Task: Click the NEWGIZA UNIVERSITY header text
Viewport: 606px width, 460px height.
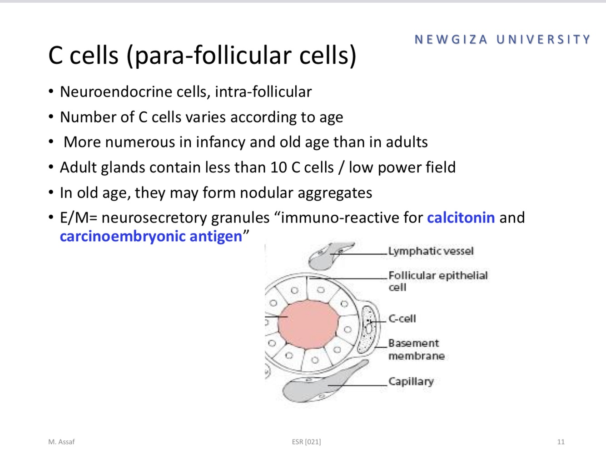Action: tap(502, 40)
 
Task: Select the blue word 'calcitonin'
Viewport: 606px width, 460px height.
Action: tap(461, 217)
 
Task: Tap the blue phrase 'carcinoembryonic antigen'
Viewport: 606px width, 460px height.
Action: tap(151, 236)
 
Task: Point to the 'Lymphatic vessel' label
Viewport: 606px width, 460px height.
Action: tap(431, 251)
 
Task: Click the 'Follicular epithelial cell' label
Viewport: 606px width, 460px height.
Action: tap(437, 281)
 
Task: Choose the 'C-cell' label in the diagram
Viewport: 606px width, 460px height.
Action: tap(402, 318)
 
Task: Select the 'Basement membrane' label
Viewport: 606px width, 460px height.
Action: tap(416, 349)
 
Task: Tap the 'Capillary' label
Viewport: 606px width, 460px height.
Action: tap(411, 381)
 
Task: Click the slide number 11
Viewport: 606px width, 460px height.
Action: tap(561, 442)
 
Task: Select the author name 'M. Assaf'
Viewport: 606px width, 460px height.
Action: tap(61, 442)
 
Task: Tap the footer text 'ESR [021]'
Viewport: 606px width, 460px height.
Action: tap(306, 442)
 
